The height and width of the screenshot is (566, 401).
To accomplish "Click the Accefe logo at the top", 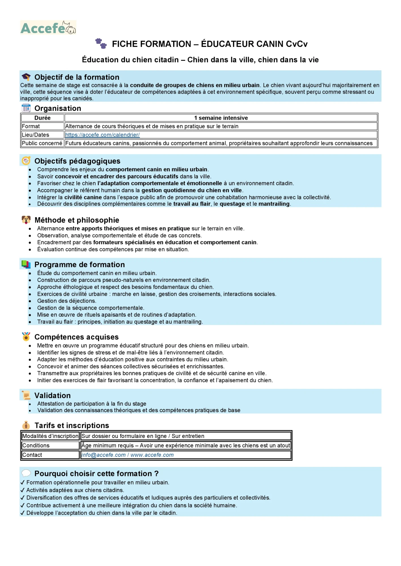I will click(x=48, y=27).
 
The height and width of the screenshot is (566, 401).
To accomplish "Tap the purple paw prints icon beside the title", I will click(x=101, y=43).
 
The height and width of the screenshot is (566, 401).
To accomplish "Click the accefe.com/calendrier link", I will click(x=102, y=135).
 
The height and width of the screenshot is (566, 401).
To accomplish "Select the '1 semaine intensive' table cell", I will click(x=221, y=118).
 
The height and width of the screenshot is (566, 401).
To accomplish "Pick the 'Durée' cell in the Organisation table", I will click(x=43, y=118).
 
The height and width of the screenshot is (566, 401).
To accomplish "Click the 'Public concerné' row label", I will click(x=42, y=143).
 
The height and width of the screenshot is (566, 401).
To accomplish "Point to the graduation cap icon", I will click(x=26, y=77).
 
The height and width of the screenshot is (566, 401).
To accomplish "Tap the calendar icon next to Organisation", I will click(x=26, y=108).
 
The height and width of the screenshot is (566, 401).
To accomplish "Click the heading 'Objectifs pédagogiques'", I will click(x=77, y=161).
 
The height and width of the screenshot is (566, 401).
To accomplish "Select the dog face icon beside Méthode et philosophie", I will click(x=26, y=220).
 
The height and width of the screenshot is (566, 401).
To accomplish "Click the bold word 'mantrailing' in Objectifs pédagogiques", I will click(x=274, y=204).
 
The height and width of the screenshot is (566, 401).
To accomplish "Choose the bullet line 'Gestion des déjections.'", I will click(x=67, y=301).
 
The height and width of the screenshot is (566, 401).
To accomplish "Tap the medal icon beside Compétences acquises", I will click(x=26, y=336).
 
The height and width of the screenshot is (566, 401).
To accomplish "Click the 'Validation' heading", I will click(x=52, y=395).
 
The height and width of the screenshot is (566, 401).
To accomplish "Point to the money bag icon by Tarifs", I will click(x=26, y=425).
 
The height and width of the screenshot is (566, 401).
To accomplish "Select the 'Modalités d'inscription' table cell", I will click(x=50, y=436).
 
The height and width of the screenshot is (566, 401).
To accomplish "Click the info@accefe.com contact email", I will click(x=103, y=455).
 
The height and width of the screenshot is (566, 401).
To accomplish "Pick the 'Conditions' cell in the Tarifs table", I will click(x=36, y=445).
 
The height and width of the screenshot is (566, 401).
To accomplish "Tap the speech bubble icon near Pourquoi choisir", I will click(x=26, y=473).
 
